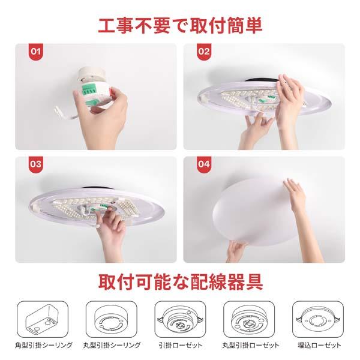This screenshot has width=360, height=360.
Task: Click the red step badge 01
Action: pos(35,52)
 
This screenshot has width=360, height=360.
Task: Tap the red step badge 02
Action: pos(204,52)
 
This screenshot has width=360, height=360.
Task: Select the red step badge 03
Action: pos(35,164)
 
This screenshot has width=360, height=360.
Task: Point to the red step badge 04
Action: pos(204,164)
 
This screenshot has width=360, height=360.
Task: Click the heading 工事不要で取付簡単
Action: pos(180,25)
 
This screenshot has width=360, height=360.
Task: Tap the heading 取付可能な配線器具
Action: pos(181,282)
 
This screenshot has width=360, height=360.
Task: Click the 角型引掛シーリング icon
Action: pos(43,319)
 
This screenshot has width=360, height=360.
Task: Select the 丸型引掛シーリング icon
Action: pos(112,319)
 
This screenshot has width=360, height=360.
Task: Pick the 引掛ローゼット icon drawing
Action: pos(180,319)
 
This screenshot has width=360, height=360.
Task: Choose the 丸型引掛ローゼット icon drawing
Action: pos(249,319)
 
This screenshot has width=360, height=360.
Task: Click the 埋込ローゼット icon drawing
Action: pos(318,319)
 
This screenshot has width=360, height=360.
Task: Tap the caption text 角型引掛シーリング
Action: pos(44,345)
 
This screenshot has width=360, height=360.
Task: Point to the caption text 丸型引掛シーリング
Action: pos(112,345)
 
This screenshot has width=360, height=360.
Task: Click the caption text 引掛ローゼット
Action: pos(181,345)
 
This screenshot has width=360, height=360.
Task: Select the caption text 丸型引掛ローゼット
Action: pos(250,345)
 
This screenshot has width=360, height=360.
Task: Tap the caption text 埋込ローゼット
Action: pos(319,345)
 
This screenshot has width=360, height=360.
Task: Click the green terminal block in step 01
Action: pos(88,89)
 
